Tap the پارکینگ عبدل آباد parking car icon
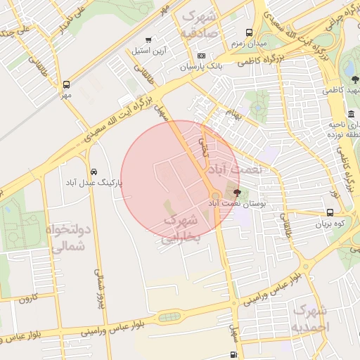click(x=94, y=172)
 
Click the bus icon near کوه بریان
click(x=330, y=212)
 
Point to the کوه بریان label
click(x=331, y=224)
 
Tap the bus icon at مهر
click(x=66, y=83)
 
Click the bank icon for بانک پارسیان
click(x=201, y=56)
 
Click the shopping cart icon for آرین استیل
click(x=148, y=40)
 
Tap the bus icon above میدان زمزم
click(x=249, y=32)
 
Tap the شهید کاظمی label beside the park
click(x=340, y=91)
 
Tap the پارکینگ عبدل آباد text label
click(x=94, y=183)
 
